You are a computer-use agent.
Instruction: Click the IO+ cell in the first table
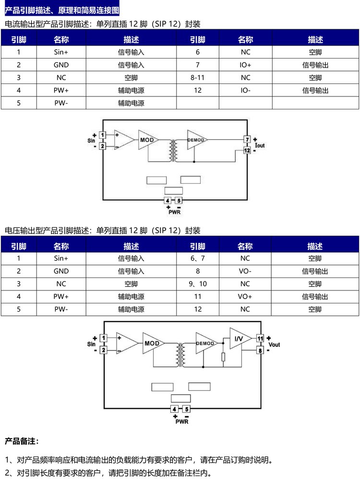(x=245, y=65)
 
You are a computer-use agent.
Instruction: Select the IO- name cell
(x=245, y=90)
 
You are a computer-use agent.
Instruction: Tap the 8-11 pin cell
(x=197, y=77)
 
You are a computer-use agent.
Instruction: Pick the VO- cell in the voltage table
(x=245, y=271)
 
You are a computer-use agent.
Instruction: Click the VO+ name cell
(x=245, y=297)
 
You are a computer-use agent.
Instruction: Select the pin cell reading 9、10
(x=197, y=284)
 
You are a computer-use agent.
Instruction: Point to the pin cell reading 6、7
(x=197, y=258)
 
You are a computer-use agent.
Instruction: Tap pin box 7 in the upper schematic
(x=247, y=140)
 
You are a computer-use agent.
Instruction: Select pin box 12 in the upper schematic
(x=247, y=150)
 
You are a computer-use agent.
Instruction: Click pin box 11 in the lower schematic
(x=260, y=339)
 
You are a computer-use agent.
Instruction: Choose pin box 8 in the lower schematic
(x=260, y=350)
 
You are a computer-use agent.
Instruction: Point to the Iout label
(x=260, y=145)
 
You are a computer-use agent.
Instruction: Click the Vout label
(x=274, y=345)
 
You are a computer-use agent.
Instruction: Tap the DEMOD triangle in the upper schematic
(x=196, y=140)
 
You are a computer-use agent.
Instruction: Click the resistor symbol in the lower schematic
(x=223, y=357)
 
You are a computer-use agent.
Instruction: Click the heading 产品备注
(x=22, y=441)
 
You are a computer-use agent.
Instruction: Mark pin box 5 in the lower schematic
(x=186, y=409)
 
